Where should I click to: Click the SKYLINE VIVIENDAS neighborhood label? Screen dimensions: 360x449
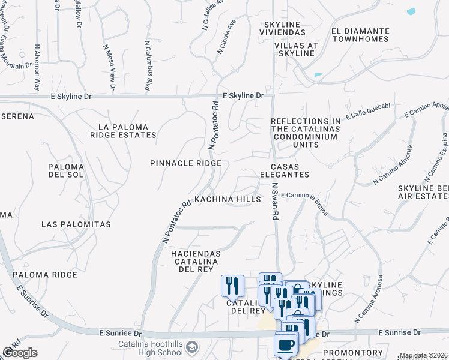282,28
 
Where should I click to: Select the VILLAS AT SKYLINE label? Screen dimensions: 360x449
294,49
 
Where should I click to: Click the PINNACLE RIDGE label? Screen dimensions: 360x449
185,163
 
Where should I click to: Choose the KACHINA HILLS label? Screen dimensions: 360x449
228,199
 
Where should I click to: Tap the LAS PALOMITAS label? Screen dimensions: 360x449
76,224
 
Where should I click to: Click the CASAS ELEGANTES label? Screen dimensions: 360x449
289,170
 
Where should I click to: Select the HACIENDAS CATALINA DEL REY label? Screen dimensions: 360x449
196,262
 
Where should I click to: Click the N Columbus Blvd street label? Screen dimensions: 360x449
147,66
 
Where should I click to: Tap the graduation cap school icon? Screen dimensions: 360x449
191,347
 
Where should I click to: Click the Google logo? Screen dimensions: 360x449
20,353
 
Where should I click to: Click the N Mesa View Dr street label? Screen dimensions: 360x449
109,68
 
